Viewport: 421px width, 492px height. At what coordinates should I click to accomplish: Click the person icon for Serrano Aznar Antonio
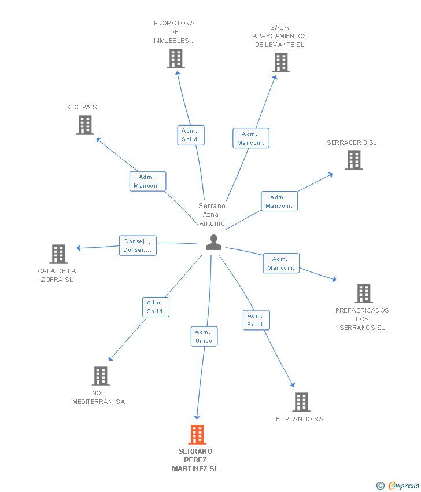[x=213, y=243]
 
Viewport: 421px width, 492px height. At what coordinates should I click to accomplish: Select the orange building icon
[x=197, y=435]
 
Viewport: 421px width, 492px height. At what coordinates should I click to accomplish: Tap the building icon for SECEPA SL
[x=85, y=125]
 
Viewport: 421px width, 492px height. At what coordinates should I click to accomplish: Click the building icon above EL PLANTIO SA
[x=301, y=402]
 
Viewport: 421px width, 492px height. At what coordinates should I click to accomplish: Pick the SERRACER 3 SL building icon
[x=354, y=160]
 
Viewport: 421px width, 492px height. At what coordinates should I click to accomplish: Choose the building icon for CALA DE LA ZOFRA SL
[x=58, y=254]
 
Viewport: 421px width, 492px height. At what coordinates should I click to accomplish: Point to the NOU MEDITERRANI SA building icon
[x=101, y=376]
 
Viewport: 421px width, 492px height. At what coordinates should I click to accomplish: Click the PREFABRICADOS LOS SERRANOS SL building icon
[x=363, y=293]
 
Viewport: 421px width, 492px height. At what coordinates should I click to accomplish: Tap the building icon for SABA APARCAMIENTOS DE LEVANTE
[x=280, y=63]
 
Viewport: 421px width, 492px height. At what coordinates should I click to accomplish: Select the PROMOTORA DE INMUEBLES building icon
[x=176, y=58]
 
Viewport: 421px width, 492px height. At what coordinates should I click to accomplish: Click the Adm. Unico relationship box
[x=204, y=336]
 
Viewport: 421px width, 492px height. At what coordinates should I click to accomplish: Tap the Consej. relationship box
[x=138, y=245]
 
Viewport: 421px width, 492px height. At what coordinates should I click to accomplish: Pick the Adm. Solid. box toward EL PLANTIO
[x=256, y=320]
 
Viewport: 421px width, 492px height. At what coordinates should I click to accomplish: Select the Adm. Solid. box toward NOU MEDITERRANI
[x=156, y=307]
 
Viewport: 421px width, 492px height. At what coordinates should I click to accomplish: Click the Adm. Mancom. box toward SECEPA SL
[x=147, y=181]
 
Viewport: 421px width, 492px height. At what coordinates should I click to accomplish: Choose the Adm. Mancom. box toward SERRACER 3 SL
[x=279, y=201]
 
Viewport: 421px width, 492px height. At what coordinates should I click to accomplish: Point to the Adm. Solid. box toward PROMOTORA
[x=190, y=135]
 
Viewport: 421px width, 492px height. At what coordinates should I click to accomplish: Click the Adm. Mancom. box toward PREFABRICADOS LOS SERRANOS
[x=281, y=263]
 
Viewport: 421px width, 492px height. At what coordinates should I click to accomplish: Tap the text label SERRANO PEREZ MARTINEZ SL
[x=195, y=460]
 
